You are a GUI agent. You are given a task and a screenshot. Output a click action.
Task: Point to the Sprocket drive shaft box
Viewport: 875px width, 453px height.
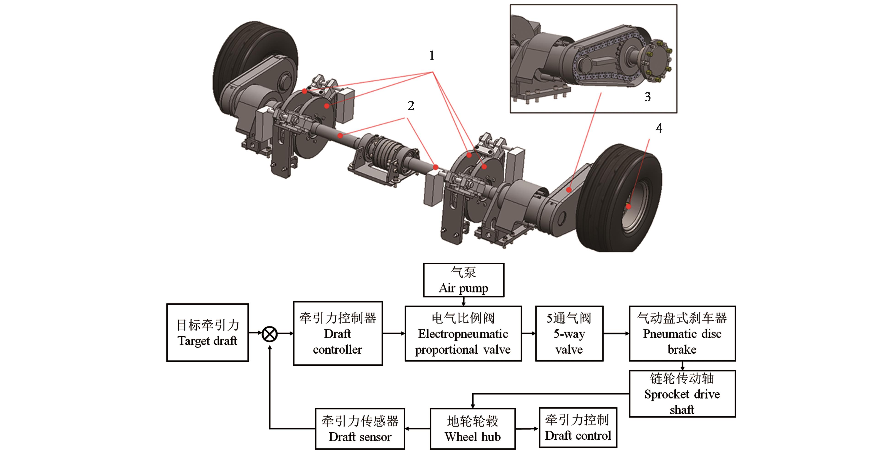pos(682,394)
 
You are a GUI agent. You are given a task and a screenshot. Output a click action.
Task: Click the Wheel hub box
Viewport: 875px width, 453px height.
pos(473,429)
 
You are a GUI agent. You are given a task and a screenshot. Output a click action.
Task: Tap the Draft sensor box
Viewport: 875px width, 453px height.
pos(360,429)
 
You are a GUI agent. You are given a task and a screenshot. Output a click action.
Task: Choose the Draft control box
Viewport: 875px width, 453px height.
pos(578,428)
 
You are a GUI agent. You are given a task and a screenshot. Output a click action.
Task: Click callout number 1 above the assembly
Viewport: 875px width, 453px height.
pos(432,55)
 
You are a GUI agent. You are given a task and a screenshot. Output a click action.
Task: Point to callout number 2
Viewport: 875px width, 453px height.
pos(411,106)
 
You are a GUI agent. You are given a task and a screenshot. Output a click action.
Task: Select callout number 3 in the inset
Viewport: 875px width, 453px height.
pos(648,97)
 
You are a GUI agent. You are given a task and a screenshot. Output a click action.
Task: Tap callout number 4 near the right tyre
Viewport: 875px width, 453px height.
pos(659,128)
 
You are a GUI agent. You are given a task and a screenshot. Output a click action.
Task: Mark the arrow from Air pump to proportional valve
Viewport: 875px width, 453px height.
pos(463,301)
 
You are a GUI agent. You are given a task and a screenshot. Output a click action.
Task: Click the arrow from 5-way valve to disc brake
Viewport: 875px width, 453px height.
pos(616,333)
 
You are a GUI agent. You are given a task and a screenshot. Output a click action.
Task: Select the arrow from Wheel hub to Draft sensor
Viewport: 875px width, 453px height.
pos(417,429)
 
